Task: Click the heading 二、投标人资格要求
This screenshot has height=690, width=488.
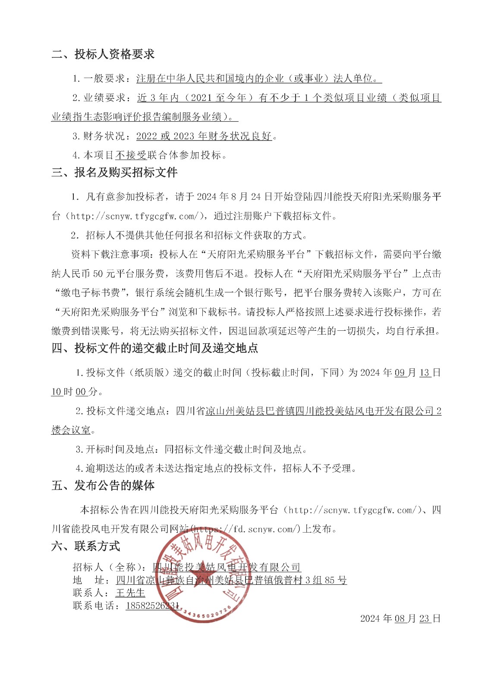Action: click(103, 54)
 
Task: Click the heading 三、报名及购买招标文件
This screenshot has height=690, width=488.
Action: click(114, 173)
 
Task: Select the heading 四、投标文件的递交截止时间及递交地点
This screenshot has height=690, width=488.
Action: click(155, 348)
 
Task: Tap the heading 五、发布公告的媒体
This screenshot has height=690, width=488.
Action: click(103, 486)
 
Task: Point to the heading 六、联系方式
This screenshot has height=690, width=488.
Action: click(86, 546)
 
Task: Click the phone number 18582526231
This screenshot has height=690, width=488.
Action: click(152, 606)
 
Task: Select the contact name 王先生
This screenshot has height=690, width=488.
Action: click(130, 593)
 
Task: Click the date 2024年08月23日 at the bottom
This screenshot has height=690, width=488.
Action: click(400, 618)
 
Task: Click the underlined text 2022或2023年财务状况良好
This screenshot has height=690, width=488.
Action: click(204, 136)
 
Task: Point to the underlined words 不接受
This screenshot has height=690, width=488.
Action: click(131, 155)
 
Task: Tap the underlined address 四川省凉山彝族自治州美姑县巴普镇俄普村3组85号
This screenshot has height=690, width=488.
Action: click(231, 580)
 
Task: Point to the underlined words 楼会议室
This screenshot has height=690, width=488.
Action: click(71, 430)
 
